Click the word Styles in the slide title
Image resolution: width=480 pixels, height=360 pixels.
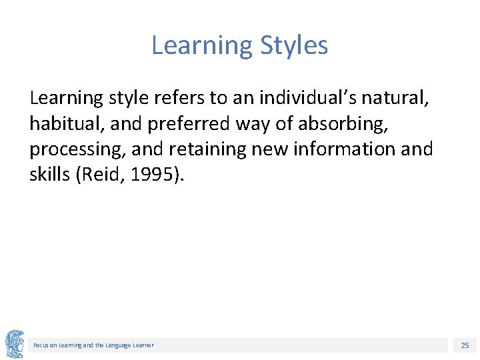tap(294, 45)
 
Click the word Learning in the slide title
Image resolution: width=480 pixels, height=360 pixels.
tap(202, 45)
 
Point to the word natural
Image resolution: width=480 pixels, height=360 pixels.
tap(395, 99)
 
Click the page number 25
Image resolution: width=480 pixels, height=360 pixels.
tap(465, 345)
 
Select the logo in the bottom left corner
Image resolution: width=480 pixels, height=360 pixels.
tap(14, 344)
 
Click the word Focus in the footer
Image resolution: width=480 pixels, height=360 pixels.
tap(41, 345)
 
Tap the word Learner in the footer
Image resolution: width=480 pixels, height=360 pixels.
tap(143, 345)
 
